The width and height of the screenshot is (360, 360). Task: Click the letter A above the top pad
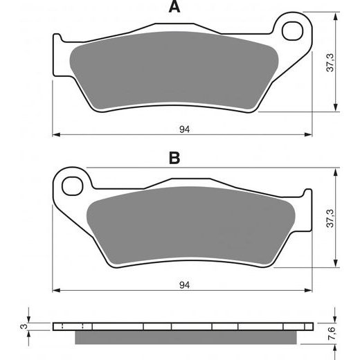coord(175,8)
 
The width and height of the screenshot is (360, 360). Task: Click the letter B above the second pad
coord(175,159)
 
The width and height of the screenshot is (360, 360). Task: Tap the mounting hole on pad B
coord(70,185)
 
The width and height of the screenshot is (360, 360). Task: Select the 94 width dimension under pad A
coord(182,128)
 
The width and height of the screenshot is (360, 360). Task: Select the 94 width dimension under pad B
coord(182,283)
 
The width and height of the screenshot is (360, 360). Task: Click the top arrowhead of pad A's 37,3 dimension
coord(336,17)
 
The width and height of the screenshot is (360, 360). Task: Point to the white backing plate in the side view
coord(187,326)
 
